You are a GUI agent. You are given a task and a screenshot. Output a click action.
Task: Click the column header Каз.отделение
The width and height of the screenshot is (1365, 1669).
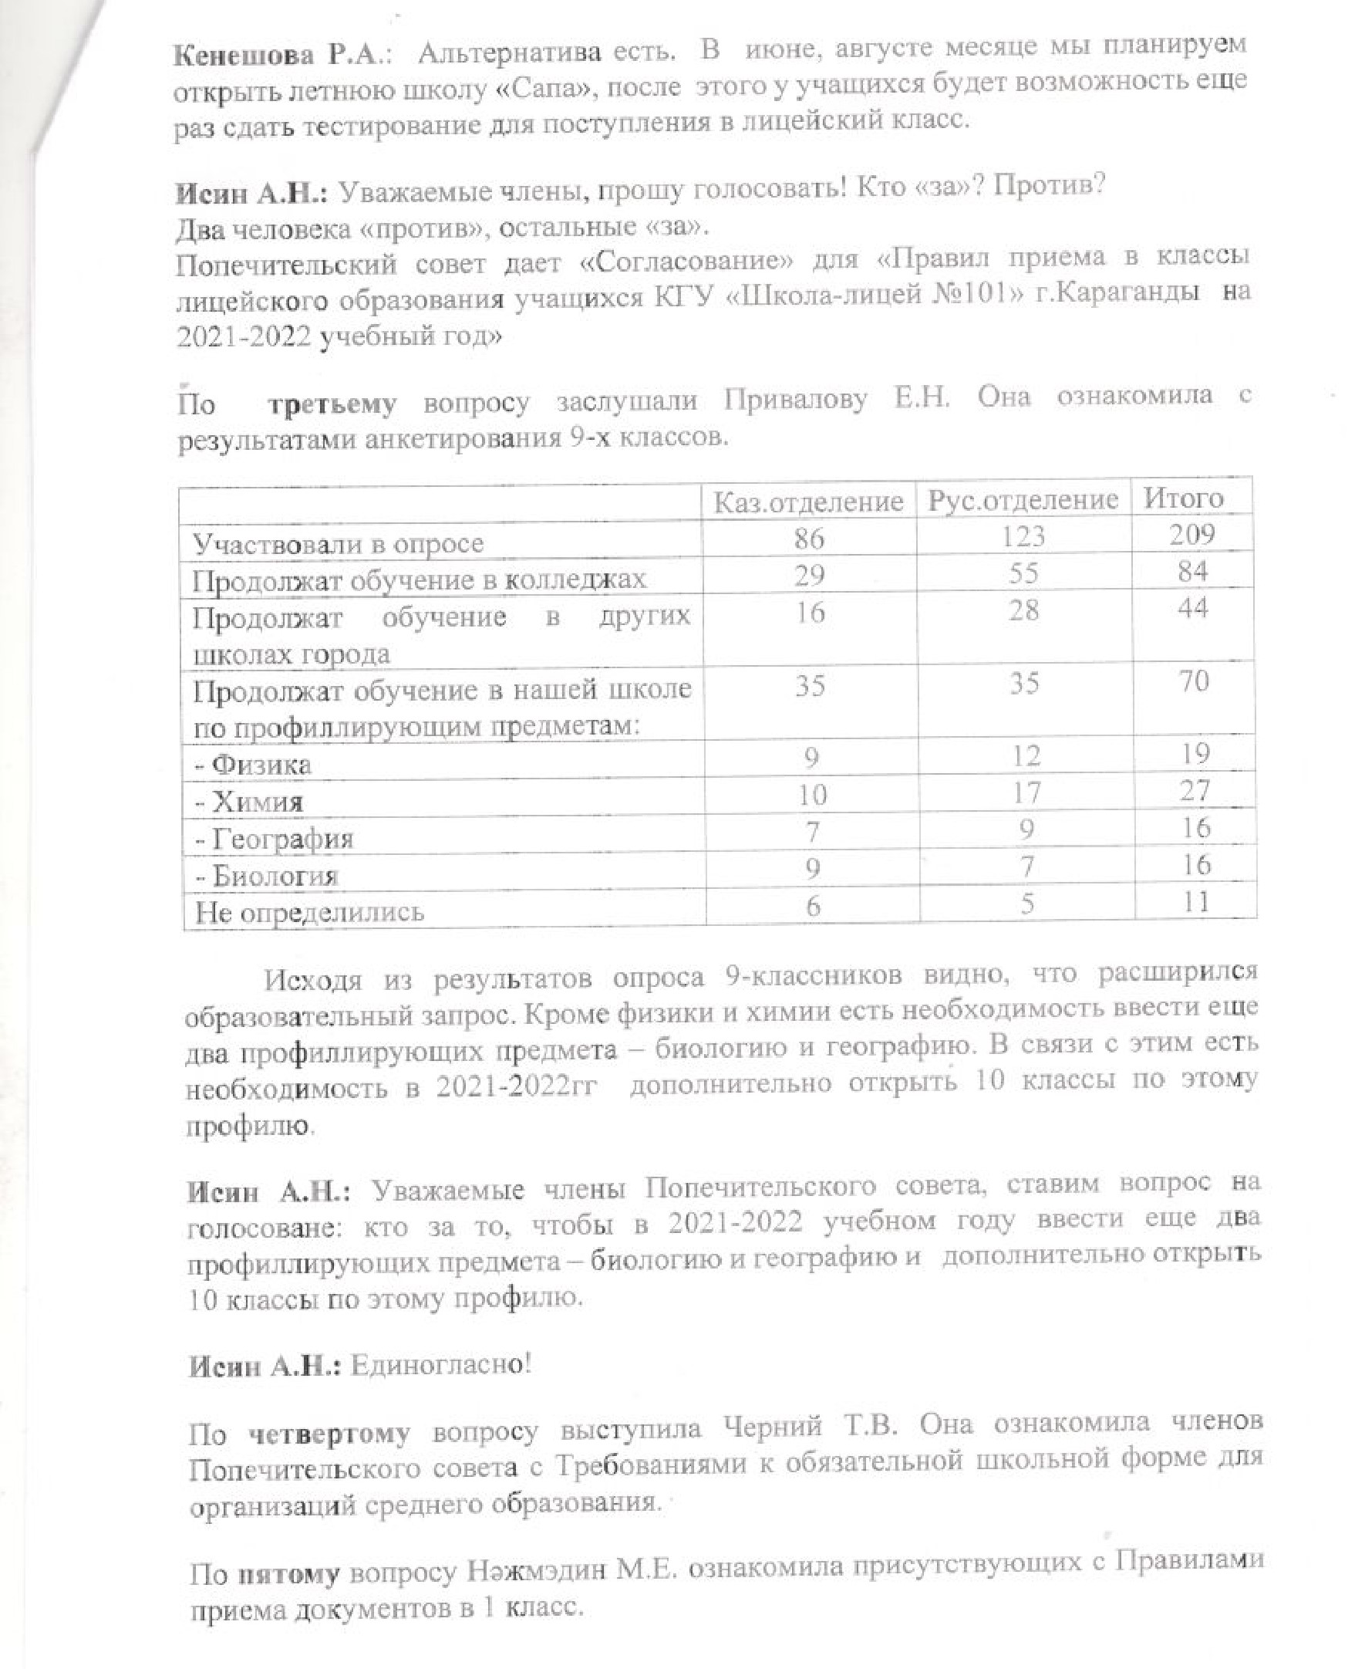[x=808, y=502]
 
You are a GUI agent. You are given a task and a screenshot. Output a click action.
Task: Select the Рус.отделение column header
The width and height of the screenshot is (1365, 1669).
[x=1023, y=500]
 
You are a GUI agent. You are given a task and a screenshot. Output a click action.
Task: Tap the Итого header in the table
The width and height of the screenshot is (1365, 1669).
[x=1183, y=498]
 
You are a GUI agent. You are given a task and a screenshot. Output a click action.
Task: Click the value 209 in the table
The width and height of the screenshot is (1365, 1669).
[x=1192, y=535]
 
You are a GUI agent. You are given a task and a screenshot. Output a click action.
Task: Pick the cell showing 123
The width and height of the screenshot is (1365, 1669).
[x=1024, y=536]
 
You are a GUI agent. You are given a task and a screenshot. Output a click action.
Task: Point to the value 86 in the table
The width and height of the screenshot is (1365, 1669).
[x=809, y=538]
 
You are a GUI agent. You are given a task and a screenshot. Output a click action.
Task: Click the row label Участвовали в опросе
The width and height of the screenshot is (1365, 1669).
[x=339, y=543]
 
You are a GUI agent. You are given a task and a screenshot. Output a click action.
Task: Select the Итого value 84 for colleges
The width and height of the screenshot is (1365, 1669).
[x=1192, y=572]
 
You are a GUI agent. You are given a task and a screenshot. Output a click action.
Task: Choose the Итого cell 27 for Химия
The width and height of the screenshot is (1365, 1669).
[x=1194, y=790]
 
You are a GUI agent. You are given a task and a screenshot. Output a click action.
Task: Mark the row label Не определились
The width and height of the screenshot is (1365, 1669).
[x=310, y=912]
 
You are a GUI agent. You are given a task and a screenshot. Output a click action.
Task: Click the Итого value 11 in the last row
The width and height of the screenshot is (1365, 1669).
[x=1195, y=901]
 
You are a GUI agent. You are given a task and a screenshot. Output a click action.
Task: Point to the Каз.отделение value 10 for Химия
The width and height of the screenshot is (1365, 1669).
[x=811, y=795]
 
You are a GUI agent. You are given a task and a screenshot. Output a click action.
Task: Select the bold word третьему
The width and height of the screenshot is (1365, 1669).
[x=332, y=404]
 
